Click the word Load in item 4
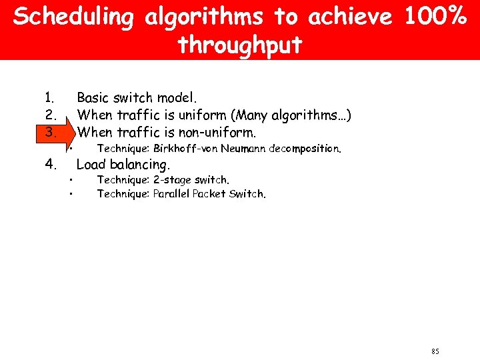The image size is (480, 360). (92, 164)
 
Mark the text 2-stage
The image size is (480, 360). (172, 179)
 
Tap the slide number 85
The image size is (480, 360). (435, 351)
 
